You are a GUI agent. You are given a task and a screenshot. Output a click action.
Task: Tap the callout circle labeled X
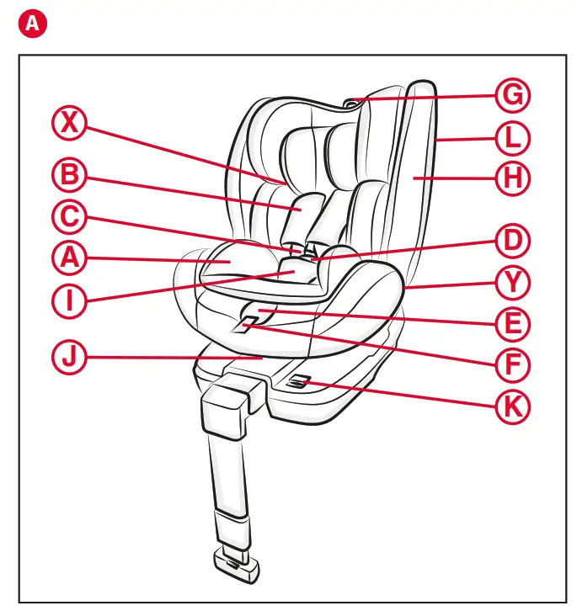pyautogui.click(x=70, y=125)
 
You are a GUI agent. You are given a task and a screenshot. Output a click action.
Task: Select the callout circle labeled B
pyautogui.click(x=70, y=176)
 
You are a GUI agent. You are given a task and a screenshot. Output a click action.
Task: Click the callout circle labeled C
pyautogui.click(x=70, y=217)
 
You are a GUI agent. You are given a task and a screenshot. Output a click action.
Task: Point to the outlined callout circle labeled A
pyautogui.click(x=70, y=259)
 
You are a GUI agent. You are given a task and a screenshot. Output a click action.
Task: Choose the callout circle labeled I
pyautogui.click(x=70, y=301)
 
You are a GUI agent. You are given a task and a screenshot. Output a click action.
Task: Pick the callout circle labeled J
pyautogui.click(x=70, y=358)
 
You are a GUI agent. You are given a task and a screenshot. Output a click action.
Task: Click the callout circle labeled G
pyautogui.click(x=511, y=95)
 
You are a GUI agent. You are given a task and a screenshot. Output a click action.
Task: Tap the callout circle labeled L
pyautogui.click(x=511, y=136)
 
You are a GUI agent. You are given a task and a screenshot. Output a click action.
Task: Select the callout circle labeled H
pyautogui.click(x=511, y=178)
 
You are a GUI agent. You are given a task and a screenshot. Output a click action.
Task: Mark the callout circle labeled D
pyautogui.click(x=511, y=242)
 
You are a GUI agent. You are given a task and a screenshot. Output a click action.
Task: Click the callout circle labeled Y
pyautogui.click(x=511, y=283)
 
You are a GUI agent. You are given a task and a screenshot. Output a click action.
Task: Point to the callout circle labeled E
pyautogui.click(x=511, y=324)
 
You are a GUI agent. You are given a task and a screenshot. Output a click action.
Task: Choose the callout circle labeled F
pyautogui.click(x=511, y=364)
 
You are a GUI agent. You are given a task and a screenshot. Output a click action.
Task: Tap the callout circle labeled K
pyautogui.click(x=511, y=406)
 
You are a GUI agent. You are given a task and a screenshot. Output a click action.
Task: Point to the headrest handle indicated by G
pyautogui.click(x=353, y=103)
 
